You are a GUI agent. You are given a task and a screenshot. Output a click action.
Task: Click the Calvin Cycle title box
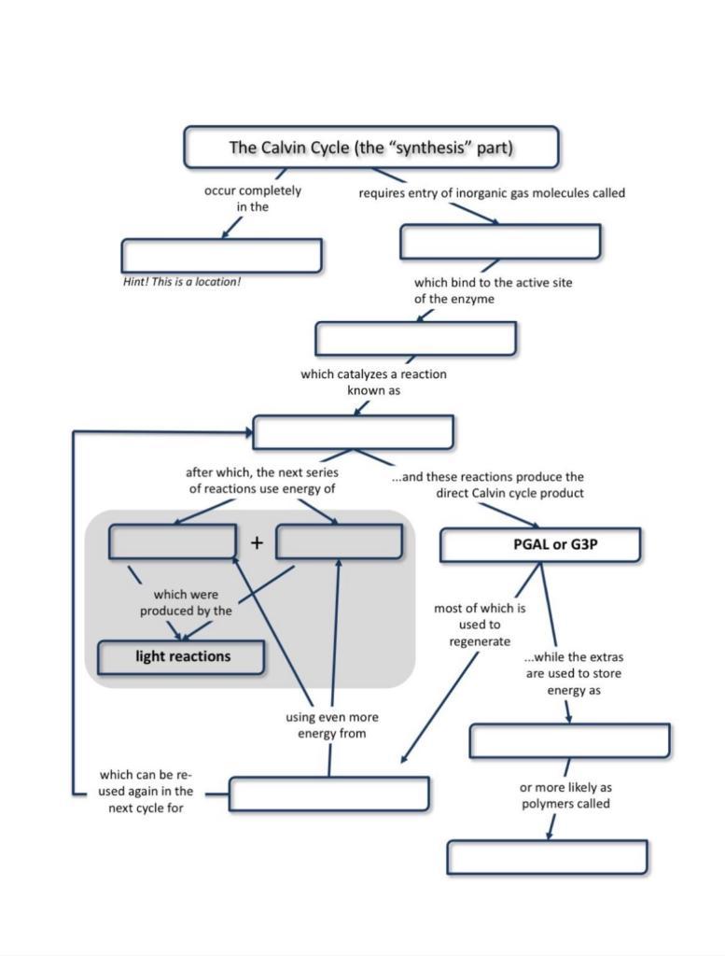[x=370, y=148]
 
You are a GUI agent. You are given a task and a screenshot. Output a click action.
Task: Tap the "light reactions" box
[x=182, y=656]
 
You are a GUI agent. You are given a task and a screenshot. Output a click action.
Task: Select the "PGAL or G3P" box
[x=540, y=544]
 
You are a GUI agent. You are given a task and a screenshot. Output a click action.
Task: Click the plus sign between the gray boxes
[x=257, y=542]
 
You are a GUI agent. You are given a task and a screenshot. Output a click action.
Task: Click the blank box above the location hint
[x=221, y=255]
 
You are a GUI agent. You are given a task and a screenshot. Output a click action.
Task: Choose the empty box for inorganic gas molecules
[x=500, y=242]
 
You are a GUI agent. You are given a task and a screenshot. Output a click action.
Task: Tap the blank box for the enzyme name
[x=415, y=338]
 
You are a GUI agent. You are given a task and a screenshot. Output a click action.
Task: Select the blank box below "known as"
[x=353, y=432]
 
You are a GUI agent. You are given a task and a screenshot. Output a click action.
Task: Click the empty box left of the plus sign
[x=172, y=541]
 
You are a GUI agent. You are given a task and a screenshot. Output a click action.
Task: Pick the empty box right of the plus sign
[x=340, y=541]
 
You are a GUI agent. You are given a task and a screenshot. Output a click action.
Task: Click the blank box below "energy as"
[x=569, y=740]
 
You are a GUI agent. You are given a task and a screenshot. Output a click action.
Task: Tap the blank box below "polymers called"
[x=547, y=857]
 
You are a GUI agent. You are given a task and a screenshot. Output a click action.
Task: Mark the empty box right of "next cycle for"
[x=328, y=794]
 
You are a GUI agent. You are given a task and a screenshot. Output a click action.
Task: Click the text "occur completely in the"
[x=253, y=198]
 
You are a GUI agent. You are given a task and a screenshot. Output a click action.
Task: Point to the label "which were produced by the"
[x=186, y=602]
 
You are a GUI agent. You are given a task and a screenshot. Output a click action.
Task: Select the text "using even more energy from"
[x=331, y=725]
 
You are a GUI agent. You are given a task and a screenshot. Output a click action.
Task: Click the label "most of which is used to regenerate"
[x=480, y=625]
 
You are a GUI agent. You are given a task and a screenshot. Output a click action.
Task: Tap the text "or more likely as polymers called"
[x=565, y=795]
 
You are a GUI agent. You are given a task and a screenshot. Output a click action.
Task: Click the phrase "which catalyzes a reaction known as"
[x=373, y=382]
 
